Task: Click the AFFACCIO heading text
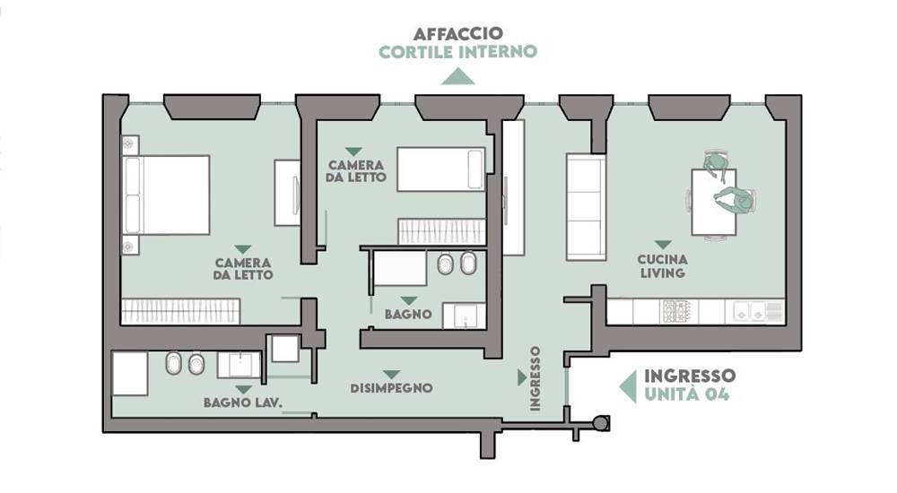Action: pyautogui.click(x=458, y=33)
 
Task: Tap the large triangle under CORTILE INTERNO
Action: pyautogui.click(x=457, y=76)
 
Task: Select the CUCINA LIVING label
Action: pyautogui.click(x=663, y=266)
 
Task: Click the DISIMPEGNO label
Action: pyautogui.click(x=391, y=388)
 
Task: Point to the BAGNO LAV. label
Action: pyautogui.click(x=243, y=402)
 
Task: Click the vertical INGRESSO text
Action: pyautogui.click(x=535, y=378)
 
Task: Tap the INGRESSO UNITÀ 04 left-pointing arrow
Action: pyautogui.click(x=628, y=386)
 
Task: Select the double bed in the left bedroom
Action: pyautogui.click(x=166, y=195)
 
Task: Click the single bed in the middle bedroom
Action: pyautogui.click(x=441, y=169)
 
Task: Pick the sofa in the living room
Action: pyautogui.click(x=586, y=207)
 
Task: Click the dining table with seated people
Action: pyautogui.click(x=714, y=203)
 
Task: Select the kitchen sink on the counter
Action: pyautogui.click(x=749, y=312)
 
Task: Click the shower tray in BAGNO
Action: pyautogui.click(x=399, y=268)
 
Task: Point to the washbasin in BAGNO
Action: pyautogui.click(x=464, y=316)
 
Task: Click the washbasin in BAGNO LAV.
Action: pyautogui.click(x=239, y=365)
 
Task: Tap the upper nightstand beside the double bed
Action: pyautogui.click(x=130, y=144)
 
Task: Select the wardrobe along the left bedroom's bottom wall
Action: pyautogui.click(x=181, y=312)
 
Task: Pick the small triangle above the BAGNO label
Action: pyautogui.click(x=408, y=301)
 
